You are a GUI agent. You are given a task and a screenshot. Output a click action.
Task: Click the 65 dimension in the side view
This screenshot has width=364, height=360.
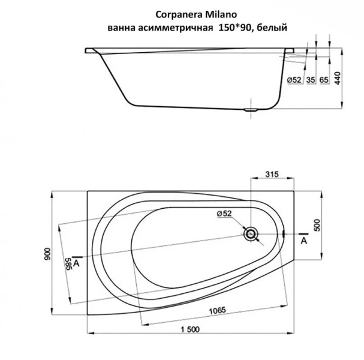click(324, 79)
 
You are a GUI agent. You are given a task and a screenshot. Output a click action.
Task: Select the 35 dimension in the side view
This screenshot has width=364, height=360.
click(310, 79)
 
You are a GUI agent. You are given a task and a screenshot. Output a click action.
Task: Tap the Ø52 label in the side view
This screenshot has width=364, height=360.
click(294, 79)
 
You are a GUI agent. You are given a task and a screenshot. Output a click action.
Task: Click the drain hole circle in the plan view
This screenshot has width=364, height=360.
click(250, 233)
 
